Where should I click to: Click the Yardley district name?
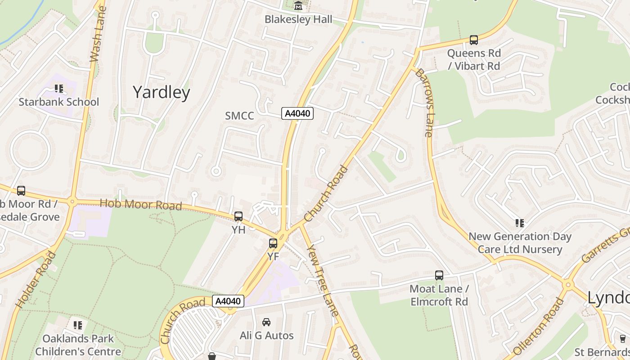(x=161, y=92)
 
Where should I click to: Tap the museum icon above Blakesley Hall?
(x=298, y=6)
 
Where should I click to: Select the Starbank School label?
(x=58, y=102)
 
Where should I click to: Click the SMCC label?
(x=239, y=116)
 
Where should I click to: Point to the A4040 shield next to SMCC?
(x=297, y=113)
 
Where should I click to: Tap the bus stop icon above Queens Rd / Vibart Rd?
(x=473, y=40)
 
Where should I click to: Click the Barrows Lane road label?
(x=424, y=102)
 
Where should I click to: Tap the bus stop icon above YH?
(x=238, y=216)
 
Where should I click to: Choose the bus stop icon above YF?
(x=273, y=243)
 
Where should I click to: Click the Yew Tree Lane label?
(x=322, y=278)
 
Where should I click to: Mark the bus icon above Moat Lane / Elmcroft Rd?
(x=439, y=275)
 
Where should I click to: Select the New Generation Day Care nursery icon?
(x=520, y=223)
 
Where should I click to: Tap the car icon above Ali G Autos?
(x=266, y=322)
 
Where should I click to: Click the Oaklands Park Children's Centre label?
(x=78, y=345)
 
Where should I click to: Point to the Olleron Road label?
(x=538, y=327)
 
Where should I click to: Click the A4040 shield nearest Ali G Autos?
(x=228, y=301)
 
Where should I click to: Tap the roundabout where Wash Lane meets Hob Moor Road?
(x=72, y=202)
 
